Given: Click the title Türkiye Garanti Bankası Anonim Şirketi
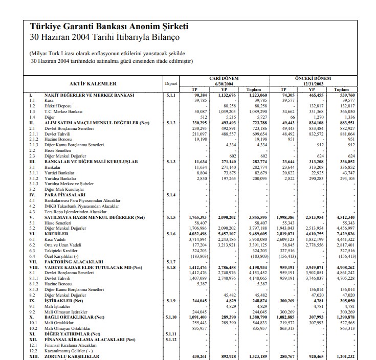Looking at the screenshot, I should click(109, 26).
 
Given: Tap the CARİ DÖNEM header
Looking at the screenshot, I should click(224, 78).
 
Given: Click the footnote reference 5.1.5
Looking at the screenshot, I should click(171, 218).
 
